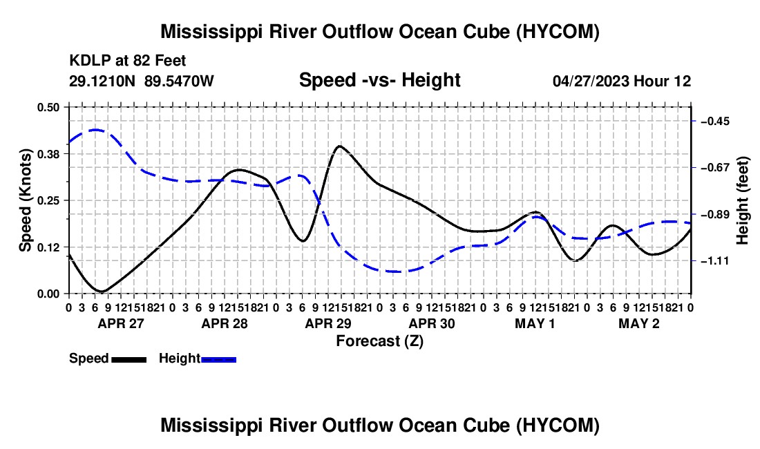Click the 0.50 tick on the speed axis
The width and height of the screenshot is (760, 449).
coord(48,107)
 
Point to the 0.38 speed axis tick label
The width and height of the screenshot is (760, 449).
coord(48,154)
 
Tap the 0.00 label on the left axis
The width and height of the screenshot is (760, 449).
coord(48,294)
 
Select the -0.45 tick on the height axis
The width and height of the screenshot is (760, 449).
coord(715,121)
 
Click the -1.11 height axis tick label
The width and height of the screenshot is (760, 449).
coord(715,261)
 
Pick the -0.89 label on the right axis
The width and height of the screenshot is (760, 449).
coord(715,215)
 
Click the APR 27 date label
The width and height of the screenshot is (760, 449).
coord(121,323)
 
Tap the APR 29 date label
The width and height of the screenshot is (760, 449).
coord(328,323)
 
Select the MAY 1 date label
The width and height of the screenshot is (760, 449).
coord(535,323)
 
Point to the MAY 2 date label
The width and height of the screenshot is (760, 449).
coord(639,323)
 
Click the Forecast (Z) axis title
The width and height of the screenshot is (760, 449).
coord(379,341)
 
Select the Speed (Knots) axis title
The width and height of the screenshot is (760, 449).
coord(25,200)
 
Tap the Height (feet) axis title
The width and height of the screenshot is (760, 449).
coord(742,200)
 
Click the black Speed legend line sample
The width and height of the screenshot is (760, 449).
coord(129,360)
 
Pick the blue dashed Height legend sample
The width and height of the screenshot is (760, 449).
coord(218,360)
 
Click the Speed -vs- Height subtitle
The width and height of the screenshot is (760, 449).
coord(379,80)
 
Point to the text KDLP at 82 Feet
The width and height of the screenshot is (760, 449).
coord(128,61)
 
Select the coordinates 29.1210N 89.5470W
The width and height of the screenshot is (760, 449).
coord(141,81)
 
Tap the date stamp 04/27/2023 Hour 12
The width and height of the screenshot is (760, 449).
coord(622,81)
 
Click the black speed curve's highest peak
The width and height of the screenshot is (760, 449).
coord(340,146)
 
